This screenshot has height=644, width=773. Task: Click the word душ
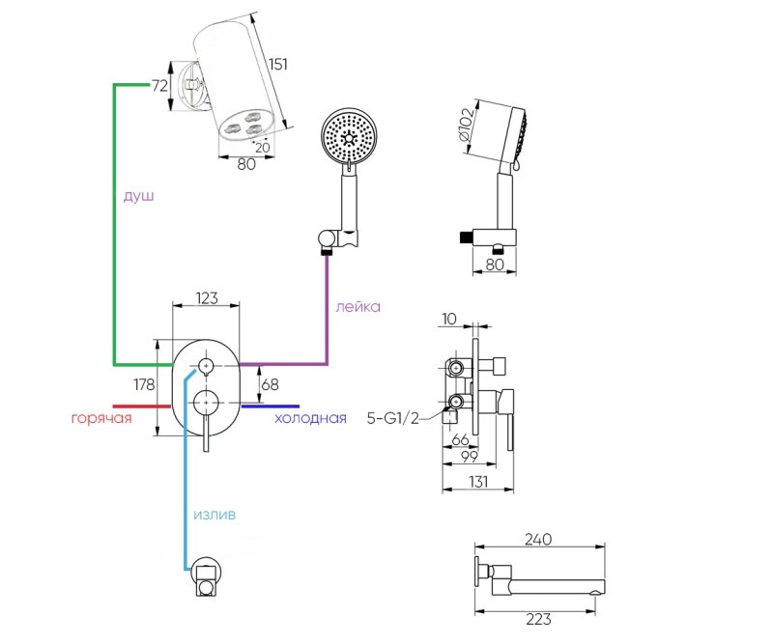click(138, 196)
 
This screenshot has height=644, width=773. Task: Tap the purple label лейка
click(358, 306)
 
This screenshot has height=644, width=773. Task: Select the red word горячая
click(101, 418)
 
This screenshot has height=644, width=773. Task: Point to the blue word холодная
click(310, 418)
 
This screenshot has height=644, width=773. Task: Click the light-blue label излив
click(215, 515)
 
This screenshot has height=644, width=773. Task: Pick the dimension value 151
click(277, 64)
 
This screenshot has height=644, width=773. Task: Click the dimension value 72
click(159, 86)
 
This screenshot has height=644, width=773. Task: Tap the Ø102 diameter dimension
click(466, 125)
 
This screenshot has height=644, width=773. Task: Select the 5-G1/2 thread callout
click(393, 418)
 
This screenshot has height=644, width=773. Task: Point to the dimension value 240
click(538, 540)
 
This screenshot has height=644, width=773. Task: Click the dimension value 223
click(538, 619)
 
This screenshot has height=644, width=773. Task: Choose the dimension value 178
click(144, 384)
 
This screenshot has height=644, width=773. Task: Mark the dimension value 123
click(207, 298)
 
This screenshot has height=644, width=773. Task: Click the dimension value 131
click(478, 481)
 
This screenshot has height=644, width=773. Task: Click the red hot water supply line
click(142, 406)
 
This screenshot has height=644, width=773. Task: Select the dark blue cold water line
click(271, 406)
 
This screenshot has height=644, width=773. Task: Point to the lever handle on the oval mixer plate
click(206, 433)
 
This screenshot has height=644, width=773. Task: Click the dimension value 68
click(270, 384)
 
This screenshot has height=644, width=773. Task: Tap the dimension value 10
click(449, 319)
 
